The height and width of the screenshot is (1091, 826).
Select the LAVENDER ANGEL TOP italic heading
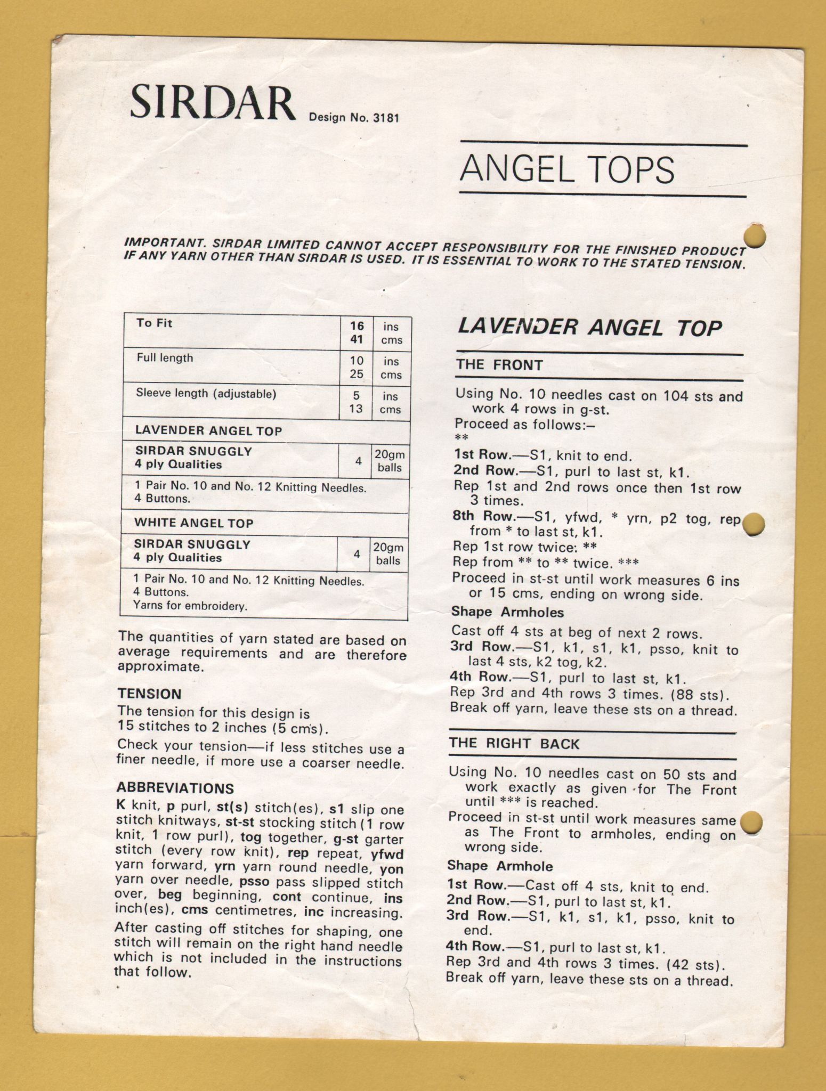point(589,327)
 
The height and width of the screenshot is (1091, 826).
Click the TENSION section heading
point(150,694)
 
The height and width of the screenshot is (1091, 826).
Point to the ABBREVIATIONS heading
point(175,788)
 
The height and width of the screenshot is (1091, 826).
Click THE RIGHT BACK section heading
point(514,744)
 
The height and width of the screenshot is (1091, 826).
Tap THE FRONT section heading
point(499,365)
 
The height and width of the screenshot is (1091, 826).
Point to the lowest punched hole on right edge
point(752,823)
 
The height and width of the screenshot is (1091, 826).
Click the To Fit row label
point(155,323)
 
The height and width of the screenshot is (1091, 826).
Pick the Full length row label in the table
point(165,358)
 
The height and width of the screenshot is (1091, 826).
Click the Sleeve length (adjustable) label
point(206,394)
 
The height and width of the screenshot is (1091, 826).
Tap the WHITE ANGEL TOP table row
point(193,523)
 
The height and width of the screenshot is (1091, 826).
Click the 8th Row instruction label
point(480,516)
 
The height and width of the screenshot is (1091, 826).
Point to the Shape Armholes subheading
point(507,612)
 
